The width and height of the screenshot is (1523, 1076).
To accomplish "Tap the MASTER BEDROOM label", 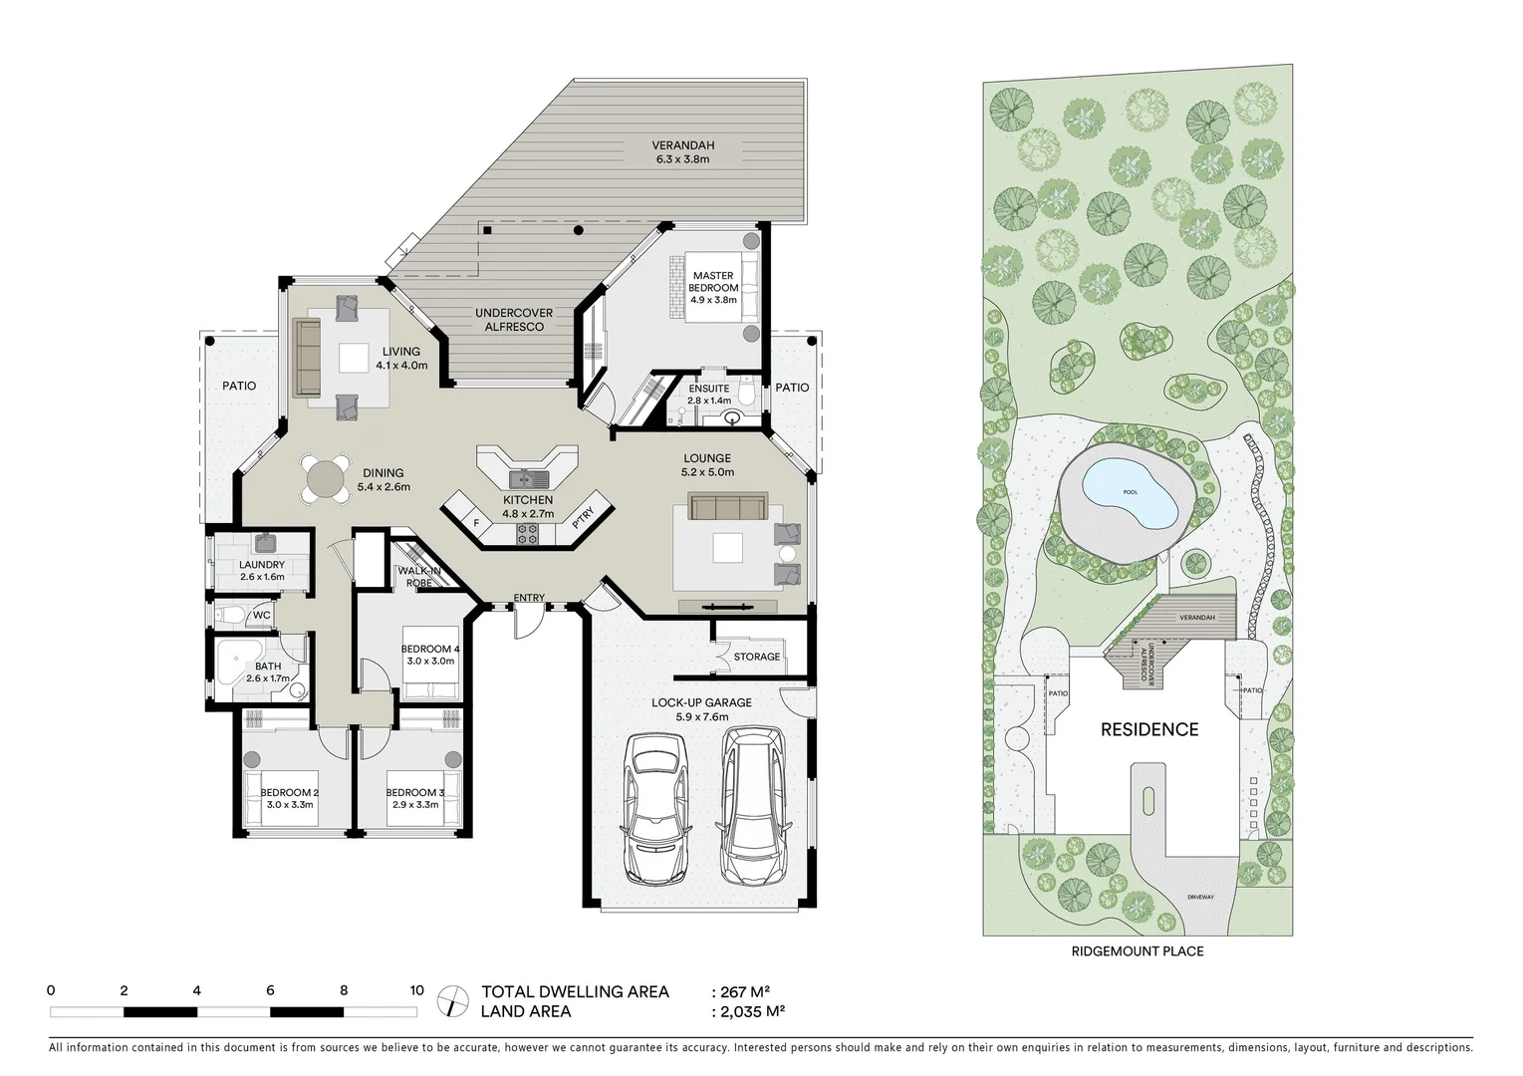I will click(x=713, y=282).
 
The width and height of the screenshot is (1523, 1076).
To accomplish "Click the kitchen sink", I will click(x=525, y=477).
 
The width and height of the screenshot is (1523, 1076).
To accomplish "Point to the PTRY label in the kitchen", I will click(x=584, y=517).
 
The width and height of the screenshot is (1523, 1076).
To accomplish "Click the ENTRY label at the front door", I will click(x=529, y=598).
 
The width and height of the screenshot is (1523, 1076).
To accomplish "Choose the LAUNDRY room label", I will click(x=262, y=565).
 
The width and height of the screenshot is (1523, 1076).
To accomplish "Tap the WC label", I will click(x=261, y=616).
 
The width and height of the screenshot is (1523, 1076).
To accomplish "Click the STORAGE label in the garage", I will click(x=757, y=657).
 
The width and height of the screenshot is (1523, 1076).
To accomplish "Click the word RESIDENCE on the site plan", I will click(x=1148, y=729).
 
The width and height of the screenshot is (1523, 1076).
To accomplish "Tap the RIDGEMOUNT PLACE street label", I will click(x=1138, y=951).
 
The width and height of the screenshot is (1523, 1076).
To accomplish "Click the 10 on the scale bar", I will click(x=416, y=990).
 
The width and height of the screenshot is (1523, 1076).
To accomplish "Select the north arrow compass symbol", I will click(x=453, y=999).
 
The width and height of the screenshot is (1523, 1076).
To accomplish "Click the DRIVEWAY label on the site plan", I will click(x=1200, y=898).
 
